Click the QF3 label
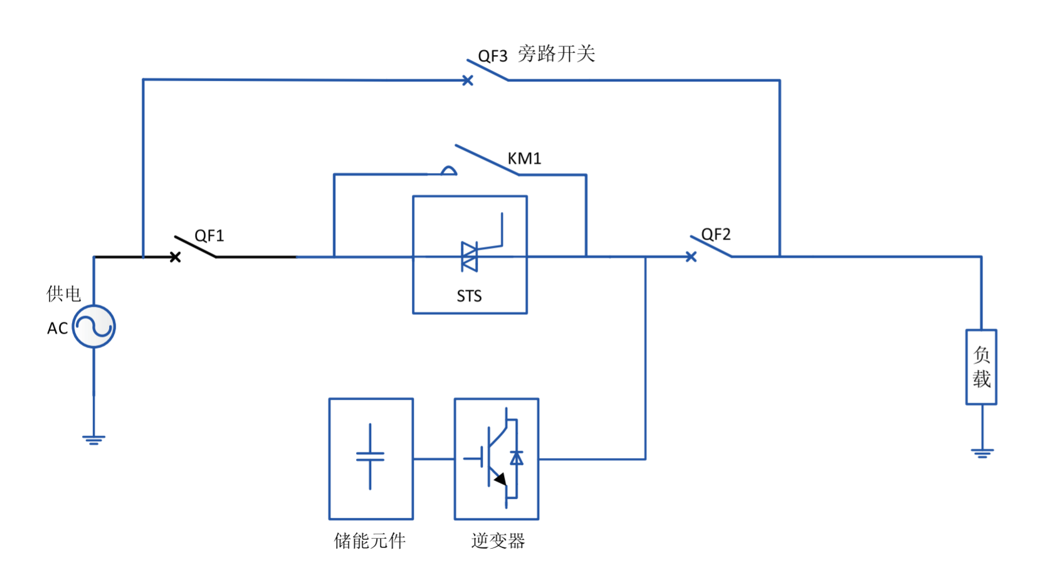tap(492, 56)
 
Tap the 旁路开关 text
tap(556, 54)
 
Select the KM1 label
tap(524, 158)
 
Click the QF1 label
tap(209, 236)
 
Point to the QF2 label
tap(715, 235)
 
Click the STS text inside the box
tap(469, 296)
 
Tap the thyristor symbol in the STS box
tap(470, 256)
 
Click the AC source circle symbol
tap(94, 326)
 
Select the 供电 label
tap(63, 293)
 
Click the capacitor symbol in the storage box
tap(370, 457)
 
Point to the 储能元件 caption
tap(370, 541)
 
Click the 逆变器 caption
tap(498, 541)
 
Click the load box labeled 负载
tap(981, 367)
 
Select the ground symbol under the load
tap(982, 452)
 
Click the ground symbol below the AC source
tap(94, 440)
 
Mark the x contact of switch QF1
tap(176, 256)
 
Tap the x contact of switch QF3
tap(468, 80)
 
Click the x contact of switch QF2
tap(691, 256)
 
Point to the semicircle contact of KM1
tap(448, 171)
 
